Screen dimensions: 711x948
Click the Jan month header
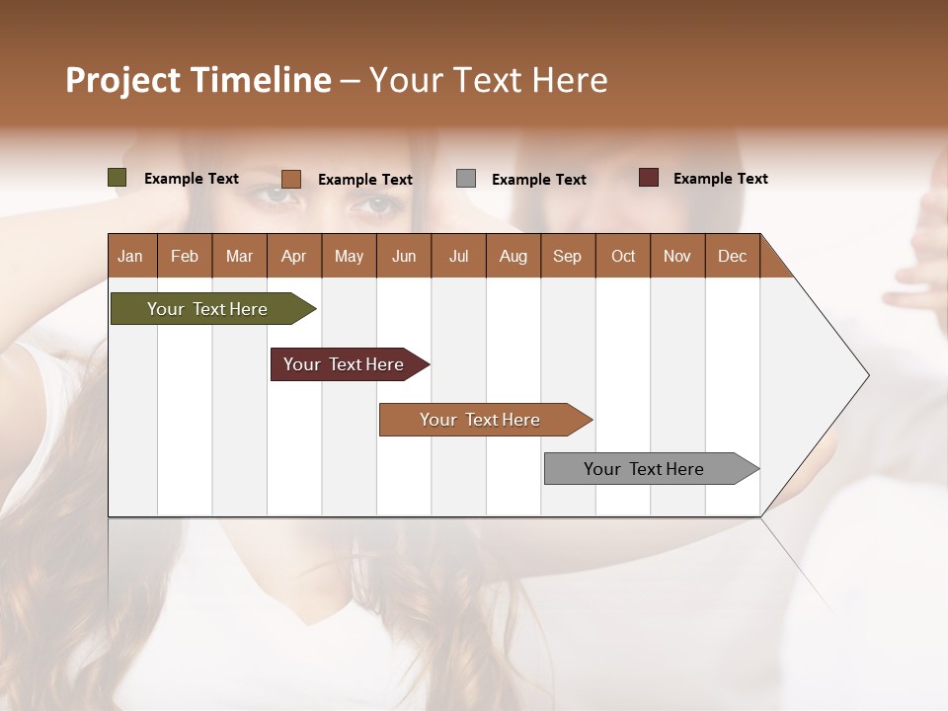[130, 257]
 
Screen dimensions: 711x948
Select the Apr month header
[294, 257]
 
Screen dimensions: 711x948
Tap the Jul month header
[458, 257]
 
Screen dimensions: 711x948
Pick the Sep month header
[567, 257]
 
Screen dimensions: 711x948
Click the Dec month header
[732, 257]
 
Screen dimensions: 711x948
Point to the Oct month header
[623, 257]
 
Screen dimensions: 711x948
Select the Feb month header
[185, 257]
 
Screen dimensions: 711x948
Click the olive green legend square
[118, 178]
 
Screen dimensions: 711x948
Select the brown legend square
[291, 179]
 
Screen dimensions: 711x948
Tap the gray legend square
[466, 179]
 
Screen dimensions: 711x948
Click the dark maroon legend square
[649, 178]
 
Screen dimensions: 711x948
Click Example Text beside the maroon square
[720, 179]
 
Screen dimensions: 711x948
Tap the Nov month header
[677, 257]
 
